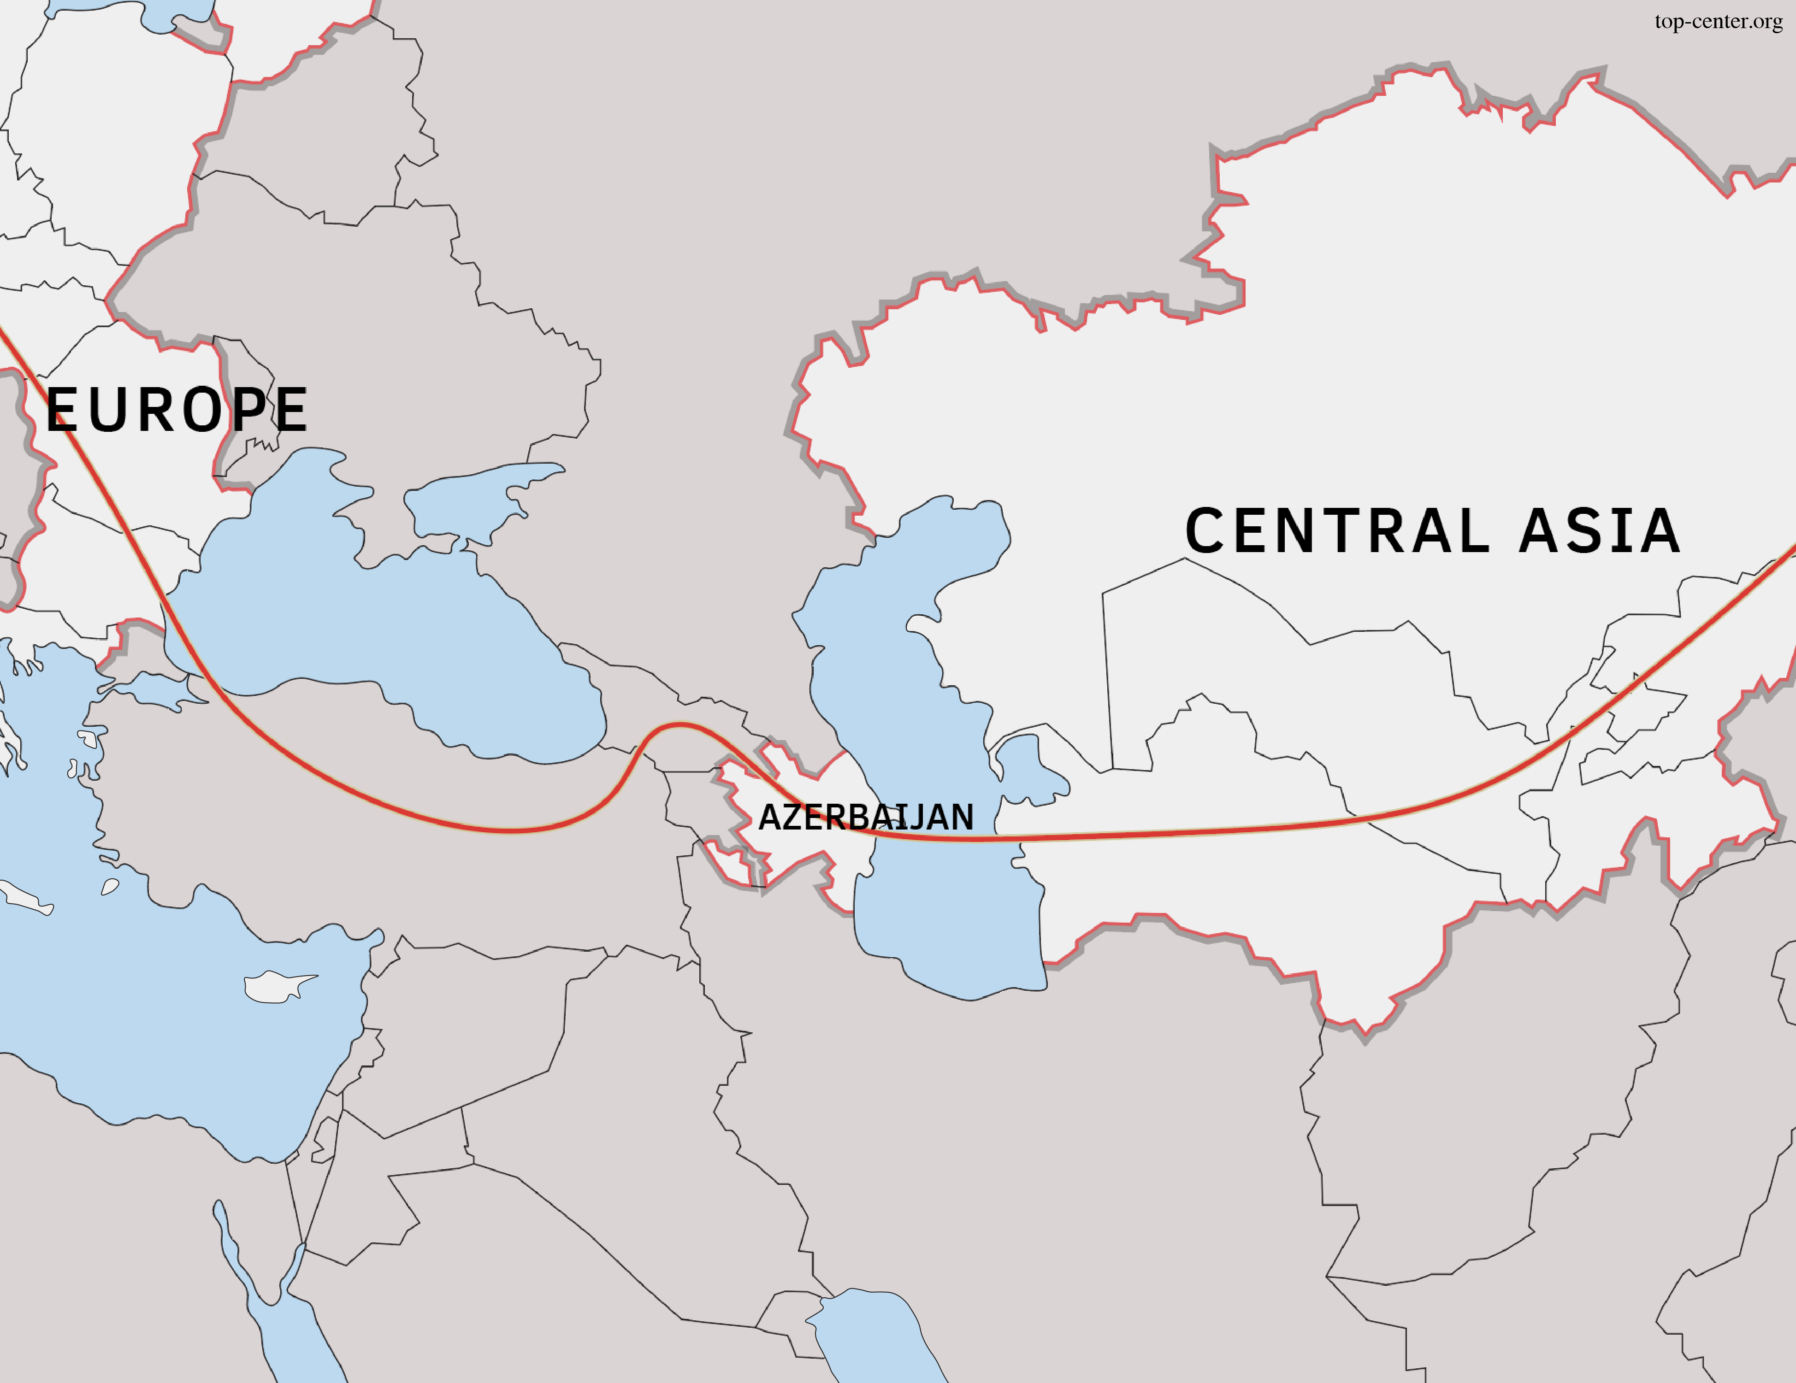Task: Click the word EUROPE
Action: point(177,410)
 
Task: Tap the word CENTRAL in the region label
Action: point(1336,530)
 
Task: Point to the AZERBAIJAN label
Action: point(865,817)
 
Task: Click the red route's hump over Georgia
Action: point(679,725)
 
